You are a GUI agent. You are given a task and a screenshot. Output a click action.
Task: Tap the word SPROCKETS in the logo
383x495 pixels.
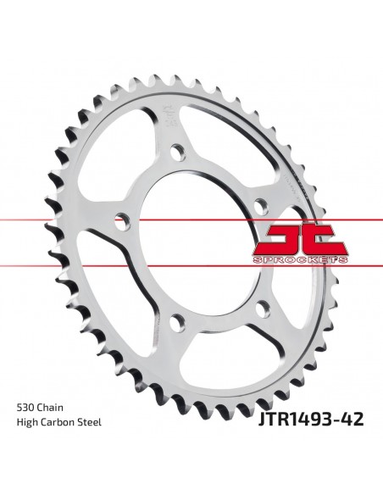[x=303, y=254]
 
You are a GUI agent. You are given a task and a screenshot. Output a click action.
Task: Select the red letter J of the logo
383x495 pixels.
[x=285, y=235]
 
